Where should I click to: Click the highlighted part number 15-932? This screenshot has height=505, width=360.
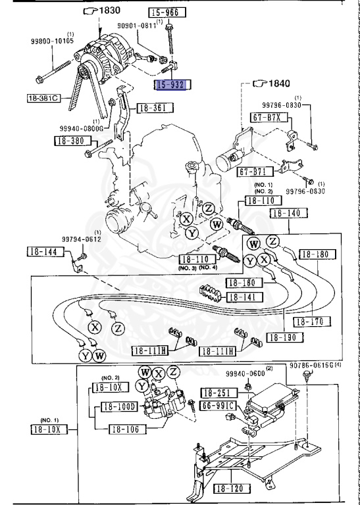pyautogui.click(x=171, y=84)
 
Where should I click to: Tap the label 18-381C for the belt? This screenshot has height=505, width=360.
pyautogui.click(x=43, y=99)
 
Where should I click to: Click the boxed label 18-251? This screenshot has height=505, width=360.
pyautogui.click(x=218, y=392)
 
